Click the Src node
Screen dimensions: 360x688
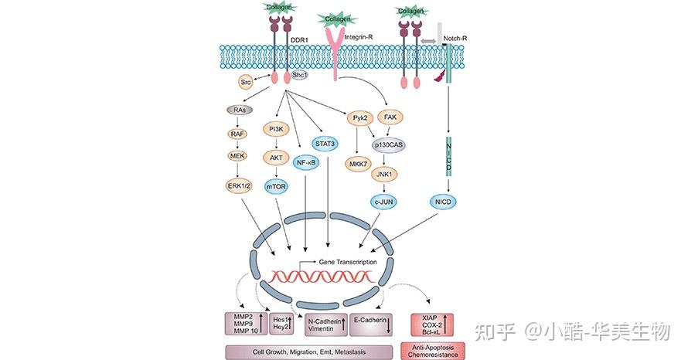click(245, 80)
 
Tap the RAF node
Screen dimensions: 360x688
click(240, 134)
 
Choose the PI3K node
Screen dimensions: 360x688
click(276, 128)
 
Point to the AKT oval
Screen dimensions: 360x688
click(276, 157)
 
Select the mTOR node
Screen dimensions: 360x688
click(276, 186)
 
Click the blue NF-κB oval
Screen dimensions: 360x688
click(306, 163)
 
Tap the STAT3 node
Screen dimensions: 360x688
click(325, 143)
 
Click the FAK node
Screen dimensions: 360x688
click(391, 118)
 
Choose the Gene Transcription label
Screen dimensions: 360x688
click(347, 262)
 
